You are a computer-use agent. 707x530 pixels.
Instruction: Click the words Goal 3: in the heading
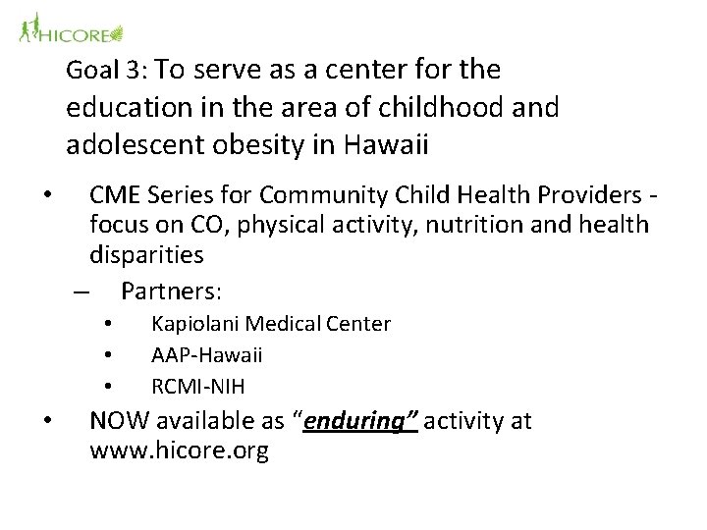point(107,72)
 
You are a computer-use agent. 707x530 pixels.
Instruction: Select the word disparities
point(146,255)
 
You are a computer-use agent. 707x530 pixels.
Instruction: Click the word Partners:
point(172,292)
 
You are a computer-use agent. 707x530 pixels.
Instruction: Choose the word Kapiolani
point(195,324)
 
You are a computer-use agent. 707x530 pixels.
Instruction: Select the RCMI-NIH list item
point(198,385)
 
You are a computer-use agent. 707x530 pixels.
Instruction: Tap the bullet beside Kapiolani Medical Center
point(109,324)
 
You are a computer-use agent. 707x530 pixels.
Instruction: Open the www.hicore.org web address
point(178,452)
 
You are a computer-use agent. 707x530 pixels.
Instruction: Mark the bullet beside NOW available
point(47,422)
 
